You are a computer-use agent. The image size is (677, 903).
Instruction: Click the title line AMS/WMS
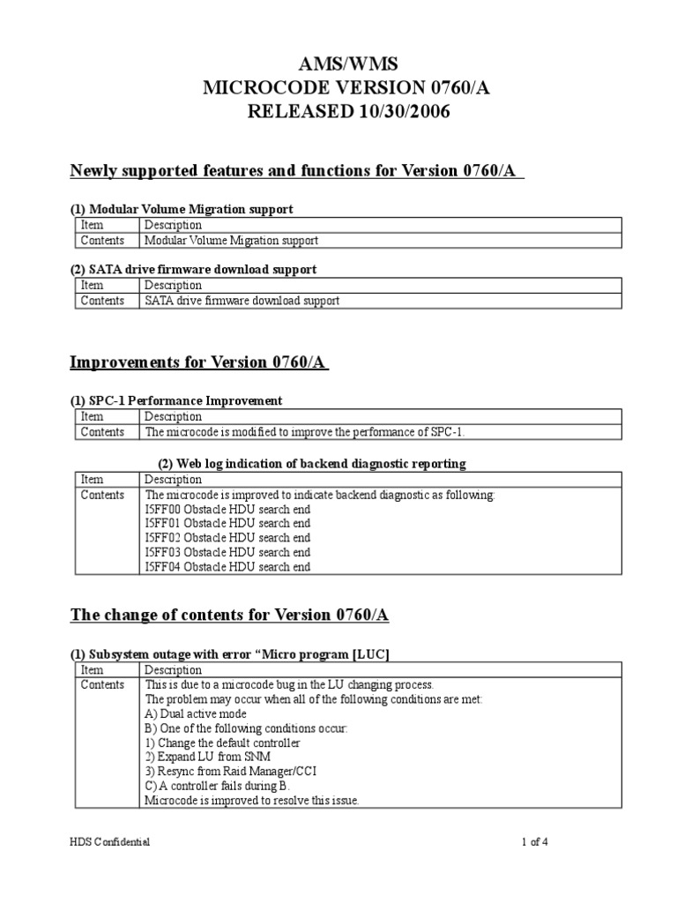[338, 65]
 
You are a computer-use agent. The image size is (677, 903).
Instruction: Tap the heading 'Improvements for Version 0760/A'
[199, 362]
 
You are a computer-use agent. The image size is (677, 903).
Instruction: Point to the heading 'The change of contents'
[229, 615]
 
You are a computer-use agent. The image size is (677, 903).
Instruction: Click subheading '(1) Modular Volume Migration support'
[182, 209]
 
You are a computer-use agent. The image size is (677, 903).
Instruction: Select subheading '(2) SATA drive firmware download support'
[193, 269]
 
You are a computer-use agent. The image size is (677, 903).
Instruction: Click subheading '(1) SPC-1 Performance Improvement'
[176, 400]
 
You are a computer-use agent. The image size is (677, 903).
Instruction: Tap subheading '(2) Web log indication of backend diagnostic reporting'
[311, 463]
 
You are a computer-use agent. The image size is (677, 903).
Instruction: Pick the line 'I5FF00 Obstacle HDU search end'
[227, 510]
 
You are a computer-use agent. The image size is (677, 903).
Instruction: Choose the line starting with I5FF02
[227, 538]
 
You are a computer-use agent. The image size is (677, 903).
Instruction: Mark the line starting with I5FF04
[227, 567]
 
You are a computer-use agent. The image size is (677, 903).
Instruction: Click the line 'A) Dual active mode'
[196, 713]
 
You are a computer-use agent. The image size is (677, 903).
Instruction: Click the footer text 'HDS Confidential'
[110, 842]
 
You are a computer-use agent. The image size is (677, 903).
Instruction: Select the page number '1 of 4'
[534, 842]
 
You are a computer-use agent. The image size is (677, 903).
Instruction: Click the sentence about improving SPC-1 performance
[305, 432]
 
